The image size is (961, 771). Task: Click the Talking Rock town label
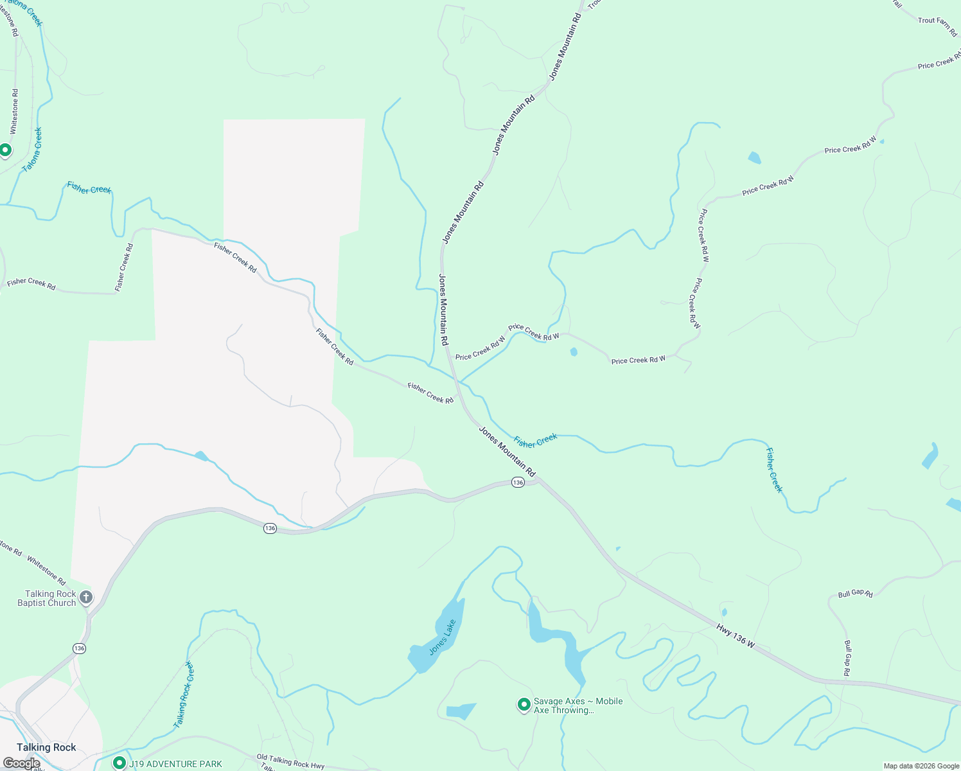[46, 747]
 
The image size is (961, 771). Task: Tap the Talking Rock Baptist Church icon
[85, 598]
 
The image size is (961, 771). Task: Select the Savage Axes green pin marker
[524, 705]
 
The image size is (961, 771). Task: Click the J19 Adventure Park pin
[119, 763]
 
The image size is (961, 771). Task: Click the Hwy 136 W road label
[736, 635]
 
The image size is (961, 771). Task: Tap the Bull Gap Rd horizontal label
[855, 594]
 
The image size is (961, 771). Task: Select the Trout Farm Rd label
[937, 25]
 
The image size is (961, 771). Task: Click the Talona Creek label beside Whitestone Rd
[33, 149]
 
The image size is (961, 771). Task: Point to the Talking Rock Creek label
[184, 695]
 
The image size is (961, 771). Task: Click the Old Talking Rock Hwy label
[290, 761]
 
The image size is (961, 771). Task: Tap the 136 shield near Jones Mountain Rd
[518, 482]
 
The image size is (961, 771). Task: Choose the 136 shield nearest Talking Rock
[79, 648]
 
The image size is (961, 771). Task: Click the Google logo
[21, 763]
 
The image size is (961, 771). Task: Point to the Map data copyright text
[921, 766]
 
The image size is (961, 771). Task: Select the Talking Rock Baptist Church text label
[47, 598]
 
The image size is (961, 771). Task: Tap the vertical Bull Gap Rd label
[847, 658]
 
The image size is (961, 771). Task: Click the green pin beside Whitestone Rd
[6, 150]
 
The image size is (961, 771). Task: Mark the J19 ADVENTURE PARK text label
[175, 764]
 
